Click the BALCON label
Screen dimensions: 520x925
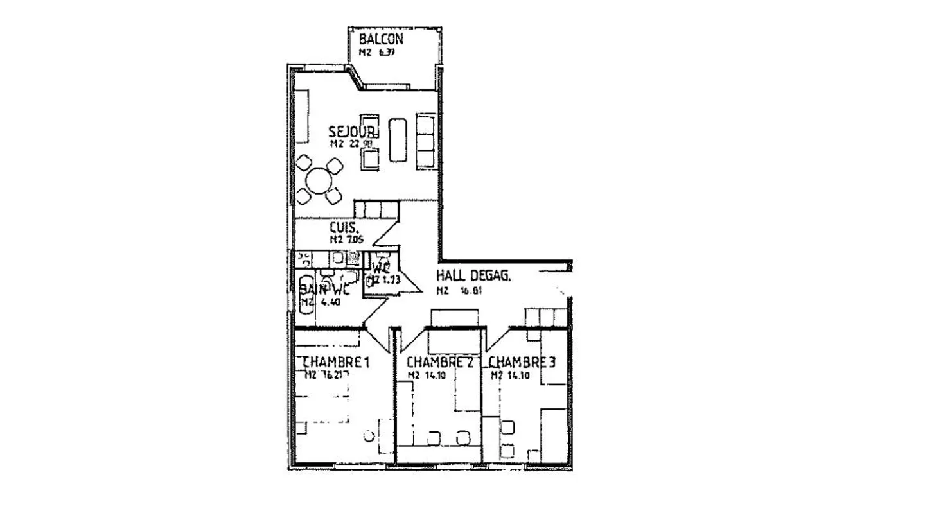381,39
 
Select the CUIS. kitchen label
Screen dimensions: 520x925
344,227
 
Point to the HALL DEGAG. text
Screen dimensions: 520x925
473,276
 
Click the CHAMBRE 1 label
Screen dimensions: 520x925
335,363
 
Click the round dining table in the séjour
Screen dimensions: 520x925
319,181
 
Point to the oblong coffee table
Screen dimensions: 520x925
398,140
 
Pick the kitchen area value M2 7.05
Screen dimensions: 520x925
346,239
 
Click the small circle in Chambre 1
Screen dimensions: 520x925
369,436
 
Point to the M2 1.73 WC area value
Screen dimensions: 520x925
380,280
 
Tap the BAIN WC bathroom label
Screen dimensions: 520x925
324,289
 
